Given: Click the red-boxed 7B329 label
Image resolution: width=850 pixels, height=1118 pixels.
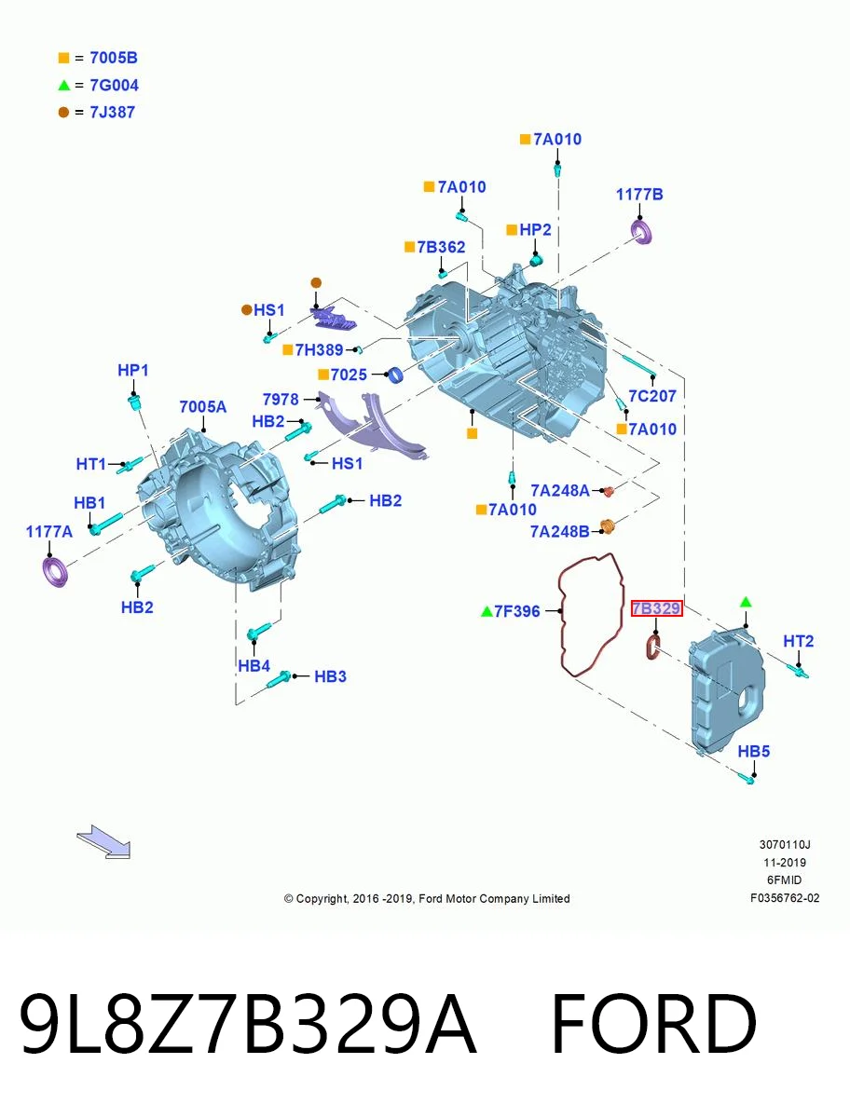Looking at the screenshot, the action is [x=656, y=608].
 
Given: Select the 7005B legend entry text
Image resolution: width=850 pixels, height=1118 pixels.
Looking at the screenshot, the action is [x=114, y=58].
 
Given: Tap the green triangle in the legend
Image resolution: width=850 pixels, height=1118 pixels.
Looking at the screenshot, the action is [x=63, y=85].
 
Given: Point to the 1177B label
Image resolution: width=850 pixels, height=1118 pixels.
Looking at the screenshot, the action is [x=639, y=194].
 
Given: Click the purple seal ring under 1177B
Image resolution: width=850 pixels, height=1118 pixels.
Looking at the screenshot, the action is [x=642, y=232].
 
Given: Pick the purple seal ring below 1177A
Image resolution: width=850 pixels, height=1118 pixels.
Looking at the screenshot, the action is [x=54, y=572].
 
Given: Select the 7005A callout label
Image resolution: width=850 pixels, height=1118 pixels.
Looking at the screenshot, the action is [x=202, y=406].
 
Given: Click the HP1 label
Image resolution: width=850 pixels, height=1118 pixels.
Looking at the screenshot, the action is [x=133, y=370].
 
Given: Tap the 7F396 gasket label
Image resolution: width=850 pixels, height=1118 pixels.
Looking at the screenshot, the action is [x=517, y=610].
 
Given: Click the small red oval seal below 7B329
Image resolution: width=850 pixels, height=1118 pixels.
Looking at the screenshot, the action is [x=653, y=647].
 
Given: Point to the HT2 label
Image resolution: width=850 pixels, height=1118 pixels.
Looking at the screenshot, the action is [x=798, y=641].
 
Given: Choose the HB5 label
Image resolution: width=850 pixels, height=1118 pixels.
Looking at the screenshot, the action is [x=754, y=751].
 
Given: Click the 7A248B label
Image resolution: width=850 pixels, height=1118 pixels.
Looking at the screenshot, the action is [x=560, y=531].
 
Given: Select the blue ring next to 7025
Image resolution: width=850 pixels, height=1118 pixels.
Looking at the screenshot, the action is [x=396, y=375].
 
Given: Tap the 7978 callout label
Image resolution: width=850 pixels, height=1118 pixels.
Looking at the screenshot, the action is [x=281, y=400].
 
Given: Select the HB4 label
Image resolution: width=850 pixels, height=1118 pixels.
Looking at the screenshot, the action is [x=254, y=666].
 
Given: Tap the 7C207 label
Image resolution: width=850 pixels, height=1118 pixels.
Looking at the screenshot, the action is [x=652, y=396].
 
